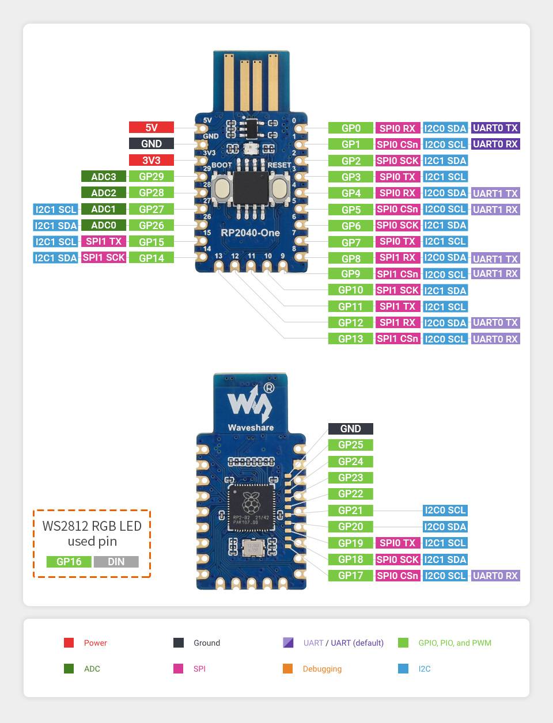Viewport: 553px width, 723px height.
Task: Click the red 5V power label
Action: (x=151, y=128)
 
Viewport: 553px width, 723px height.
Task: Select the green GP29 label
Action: (x=151, y=177)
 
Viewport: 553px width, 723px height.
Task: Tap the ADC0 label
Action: (x=104, y=225)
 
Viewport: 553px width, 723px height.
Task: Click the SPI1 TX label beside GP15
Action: (x=104, y=241)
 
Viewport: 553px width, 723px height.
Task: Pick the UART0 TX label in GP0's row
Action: (x=495, y=128)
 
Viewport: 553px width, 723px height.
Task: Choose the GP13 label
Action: (x=350, y=338)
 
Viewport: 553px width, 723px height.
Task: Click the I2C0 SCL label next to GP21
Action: (x=445, y=510)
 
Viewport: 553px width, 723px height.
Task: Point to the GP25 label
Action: (x=350, y=445)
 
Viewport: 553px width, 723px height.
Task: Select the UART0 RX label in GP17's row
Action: (x=495, y=576)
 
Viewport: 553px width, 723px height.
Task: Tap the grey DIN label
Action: (x=116, y=562)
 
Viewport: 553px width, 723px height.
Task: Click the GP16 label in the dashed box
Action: (x=69, y=562)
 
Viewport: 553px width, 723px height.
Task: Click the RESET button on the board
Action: (x=279, y=188)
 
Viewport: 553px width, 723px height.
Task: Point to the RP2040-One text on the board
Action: (x=250, y=233)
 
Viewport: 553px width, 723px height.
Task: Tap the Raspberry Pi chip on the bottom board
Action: (x=251, y=507)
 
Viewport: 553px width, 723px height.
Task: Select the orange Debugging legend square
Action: (x=288, y=668)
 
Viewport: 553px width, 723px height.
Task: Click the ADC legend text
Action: (x=92, y=668)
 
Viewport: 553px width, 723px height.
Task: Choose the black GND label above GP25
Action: (x=350, y=429)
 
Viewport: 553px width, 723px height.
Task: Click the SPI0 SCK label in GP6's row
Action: (x=397, y=225)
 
